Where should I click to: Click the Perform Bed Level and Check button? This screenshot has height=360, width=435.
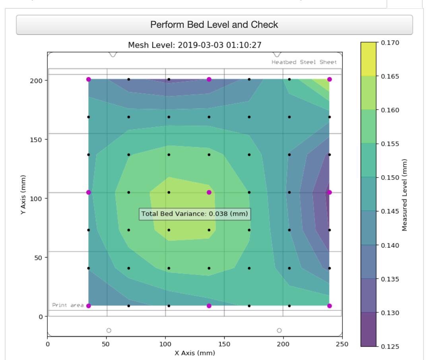pyautogui.click(x=214, y=25)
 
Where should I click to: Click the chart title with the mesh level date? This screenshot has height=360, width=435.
pyautogui.click(x=195, y=45)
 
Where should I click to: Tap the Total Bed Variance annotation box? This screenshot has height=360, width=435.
pyautogui.click(x=195, y=214)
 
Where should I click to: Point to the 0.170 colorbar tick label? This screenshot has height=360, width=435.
pyautogui.click(x=390, y=43)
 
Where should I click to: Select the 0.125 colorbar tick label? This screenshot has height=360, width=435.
pyautogui.click(x=390, y=346)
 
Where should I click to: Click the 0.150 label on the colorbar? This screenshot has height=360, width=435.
pyautogui.click(x=390, y=177)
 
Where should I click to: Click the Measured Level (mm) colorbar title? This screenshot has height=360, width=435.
pyautogui.click(x=404, y=195)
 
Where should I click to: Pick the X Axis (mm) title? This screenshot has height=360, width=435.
pyautogui.click(x=195, y=353)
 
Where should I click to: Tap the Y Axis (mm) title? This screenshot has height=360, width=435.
pyautogui.click(x=23, y=194)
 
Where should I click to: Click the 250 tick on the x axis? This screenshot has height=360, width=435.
pyautogui.click(x=342, y=344)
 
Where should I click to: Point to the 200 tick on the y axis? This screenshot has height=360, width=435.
pyautogui.click(x=36, y=81)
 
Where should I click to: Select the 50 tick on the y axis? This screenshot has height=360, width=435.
pyautogui.click(x=38, y=258)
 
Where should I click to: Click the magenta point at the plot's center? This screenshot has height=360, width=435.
pyautogui.click(x=209, y=192)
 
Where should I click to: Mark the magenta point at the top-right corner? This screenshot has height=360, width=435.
pyautogui.click(x=329, y=79)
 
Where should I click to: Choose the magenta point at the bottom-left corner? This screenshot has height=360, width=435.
pyautogui.click(x=89, y=306)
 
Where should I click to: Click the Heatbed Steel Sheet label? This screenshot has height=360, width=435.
pyautogui.click(x=304, y=62)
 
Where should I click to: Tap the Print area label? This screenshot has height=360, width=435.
pyautogui.click(x=68, y=305)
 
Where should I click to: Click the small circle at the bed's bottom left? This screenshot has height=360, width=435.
pyautogui.click(x=109, y=330)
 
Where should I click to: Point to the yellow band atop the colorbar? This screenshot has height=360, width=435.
pyautogui.click(x=369, y=59)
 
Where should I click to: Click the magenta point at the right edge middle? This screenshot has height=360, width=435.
pyautogui.click(x=329, y=192)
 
